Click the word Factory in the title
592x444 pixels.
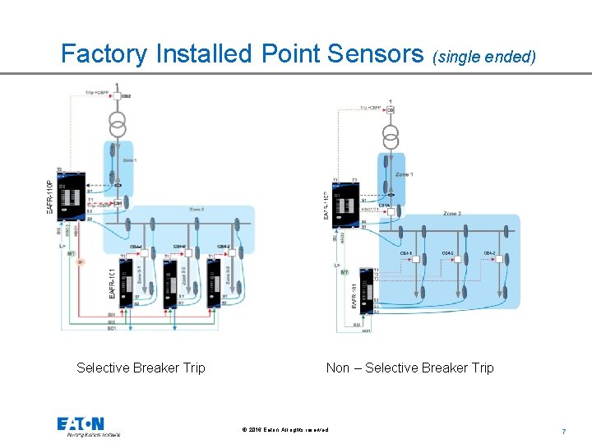[x=105, y=54]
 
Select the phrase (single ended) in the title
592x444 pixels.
[x=488, y=57]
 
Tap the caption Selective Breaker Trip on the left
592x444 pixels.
[x=141, y=368]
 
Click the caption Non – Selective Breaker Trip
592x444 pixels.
[x=409, y=368]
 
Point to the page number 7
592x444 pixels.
[x=563, y=431]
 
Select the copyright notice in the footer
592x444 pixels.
[x=285, y=430]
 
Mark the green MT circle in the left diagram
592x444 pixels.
[x=72, y=254]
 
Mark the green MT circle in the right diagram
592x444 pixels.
[x=345, y=271]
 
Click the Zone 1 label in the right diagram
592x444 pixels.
[x=405, y=174]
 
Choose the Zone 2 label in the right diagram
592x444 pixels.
[x=452, y=214]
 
